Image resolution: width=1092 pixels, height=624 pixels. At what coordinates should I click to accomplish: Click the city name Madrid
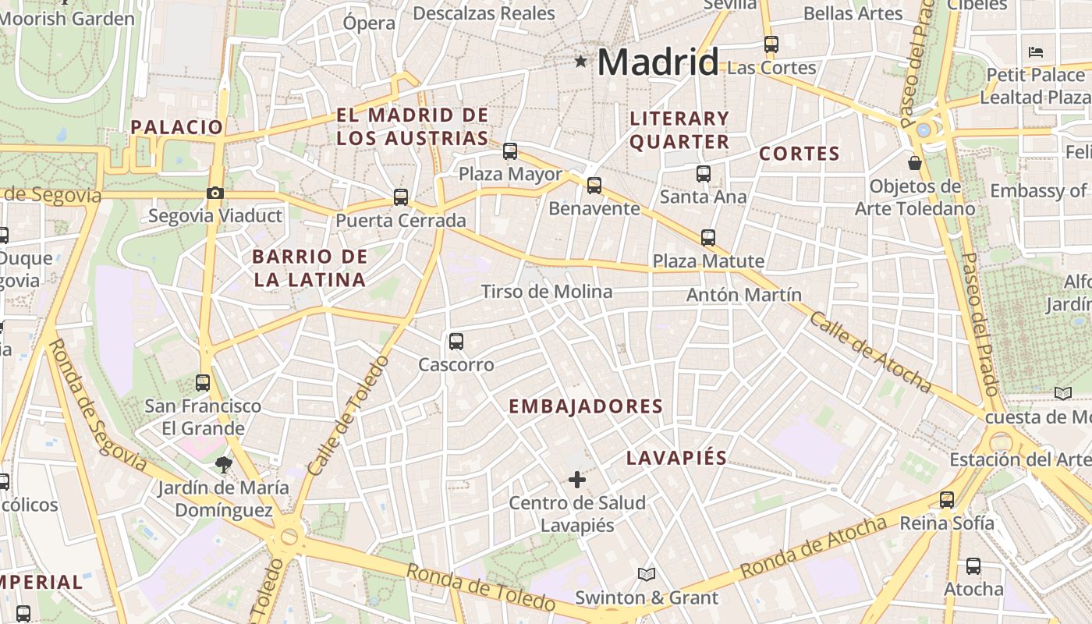[658, 62]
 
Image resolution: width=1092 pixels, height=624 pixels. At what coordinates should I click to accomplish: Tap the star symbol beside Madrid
[580, 61]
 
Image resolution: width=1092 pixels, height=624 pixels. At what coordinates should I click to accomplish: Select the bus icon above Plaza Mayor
[510, 151]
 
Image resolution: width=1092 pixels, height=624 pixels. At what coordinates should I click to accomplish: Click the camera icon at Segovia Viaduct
[214, 193]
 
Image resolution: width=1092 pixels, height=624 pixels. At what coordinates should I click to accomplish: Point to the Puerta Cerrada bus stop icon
[401, 197]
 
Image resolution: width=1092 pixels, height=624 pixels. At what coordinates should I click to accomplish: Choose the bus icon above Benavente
[594, 185]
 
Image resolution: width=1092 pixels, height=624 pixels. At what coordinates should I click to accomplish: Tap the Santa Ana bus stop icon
[704, 173]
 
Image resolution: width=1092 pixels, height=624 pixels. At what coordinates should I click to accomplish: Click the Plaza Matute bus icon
[708, 237]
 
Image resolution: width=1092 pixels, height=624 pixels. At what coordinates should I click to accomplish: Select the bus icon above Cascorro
[456, 341]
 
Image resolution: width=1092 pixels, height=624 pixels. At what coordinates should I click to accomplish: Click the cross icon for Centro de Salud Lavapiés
[577, 480]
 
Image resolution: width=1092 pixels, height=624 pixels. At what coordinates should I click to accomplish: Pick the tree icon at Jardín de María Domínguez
[224, 465]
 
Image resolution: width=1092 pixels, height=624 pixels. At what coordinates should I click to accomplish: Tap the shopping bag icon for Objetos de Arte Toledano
[915, 163]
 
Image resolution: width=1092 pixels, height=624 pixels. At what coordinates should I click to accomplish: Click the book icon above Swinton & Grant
[647, 575]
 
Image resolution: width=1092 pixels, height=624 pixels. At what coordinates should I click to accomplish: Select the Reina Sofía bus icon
[947, 499]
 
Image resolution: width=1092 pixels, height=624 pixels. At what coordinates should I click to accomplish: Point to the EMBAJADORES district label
[586, 406]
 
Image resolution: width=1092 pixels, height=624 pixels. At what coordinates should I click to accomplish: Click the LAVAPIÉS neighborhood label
[677, 458]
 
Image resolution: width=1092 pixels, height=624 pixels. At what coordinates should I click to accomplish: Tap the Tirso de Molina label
[547, 292]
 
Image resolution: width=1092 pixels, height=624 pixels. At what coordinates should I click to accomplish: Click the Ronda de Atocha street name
[814, 547]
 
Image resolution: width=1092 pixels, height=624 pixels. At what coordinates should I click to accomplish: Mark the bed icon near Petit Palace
[1036, 52]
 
